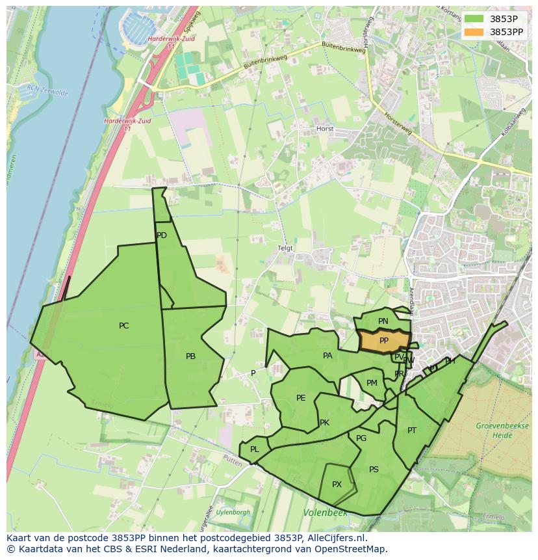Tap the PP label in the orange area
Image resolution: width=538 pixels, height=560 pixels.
[384, 341]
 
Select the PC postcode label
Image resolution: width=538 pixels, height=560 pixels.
[123, 326]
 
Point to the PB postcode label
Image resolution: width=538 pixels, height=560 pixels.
[190, 356]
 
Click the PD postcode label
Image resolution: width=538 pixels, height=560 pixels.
[162, 235]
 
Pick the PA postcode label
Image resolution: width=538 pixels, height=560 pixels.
[327, 356]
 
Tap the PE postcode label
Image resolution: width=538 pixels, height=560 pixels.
[301, 398]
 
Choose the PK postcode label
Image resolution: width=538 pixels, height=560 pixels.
[324, 423]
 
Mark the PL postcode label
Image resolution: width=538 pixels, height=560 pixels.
[255, 449]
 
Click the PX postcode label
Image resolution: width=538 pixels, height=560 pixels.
[337, 485]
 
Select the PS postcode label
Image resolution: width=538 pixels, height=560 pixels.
[374, 470]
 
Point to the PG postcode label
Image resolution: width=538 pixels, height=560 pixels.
[361, 438]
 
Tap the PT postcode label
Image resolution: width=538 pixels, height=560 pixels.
[412, 431]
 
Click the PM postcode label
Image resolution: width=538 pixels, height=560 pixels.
[372, 383]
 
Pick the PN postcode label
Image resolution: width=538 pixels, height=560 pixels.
[383, 321]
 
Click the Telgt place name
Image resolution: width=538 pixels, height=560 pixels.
[285, 248]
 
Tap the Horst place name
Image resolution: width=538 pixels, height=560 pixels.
[325, 129]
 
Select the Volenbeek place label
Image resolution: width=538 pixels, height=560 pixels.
[325, 513]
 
